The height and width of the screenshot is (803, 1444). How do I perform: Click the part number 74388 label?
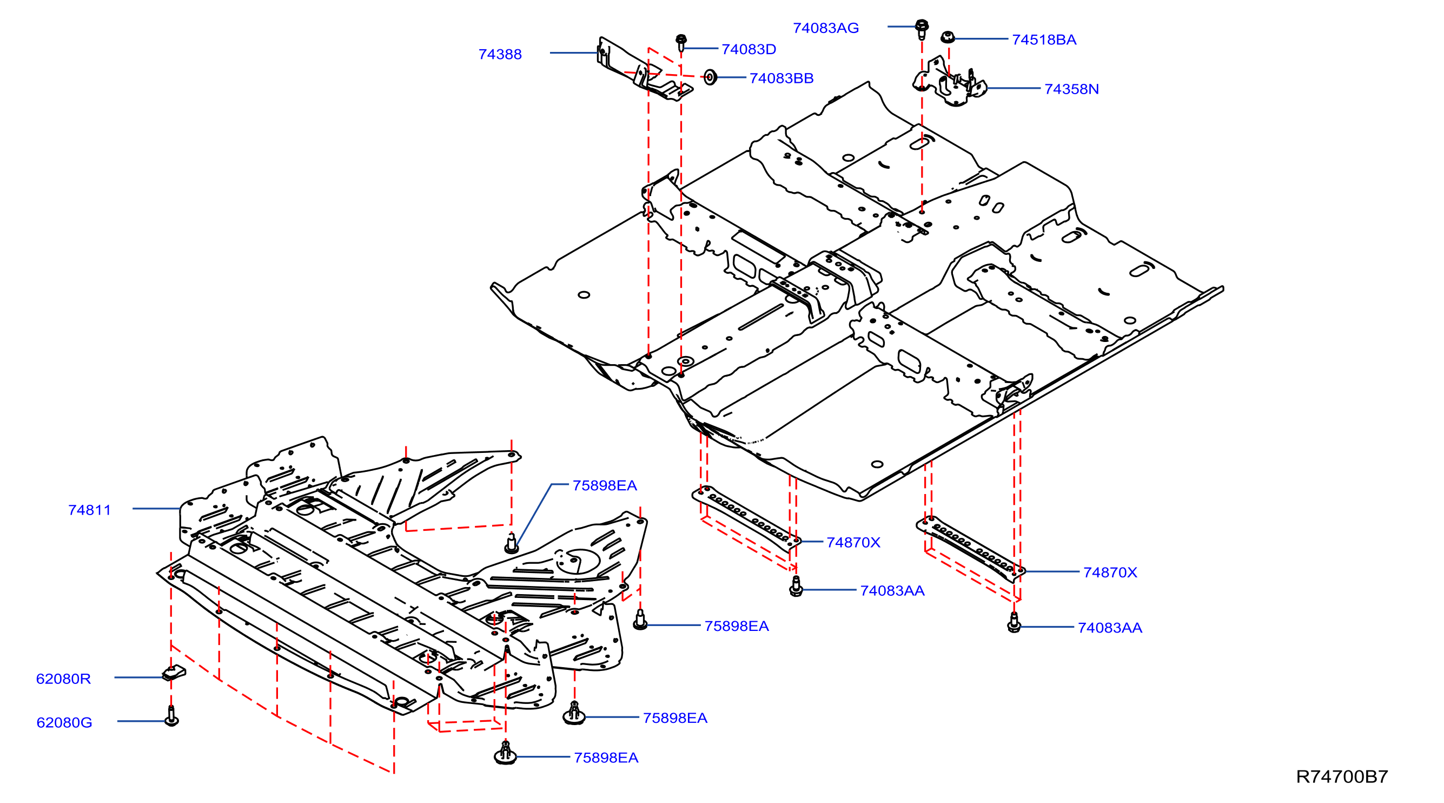[500, 55]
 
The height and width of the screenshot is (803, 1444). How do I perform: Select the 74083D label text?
[749, 49]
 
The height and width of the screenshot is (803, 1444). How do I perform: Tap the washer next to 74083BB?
[710, 77]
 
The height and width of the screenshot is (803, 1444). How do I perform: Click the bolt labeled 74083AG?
[922, 29]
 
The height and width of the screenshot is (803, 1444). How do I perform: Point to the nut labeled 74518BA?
[948, 37]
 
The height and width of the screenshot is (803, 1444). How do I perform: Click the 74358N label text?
[1072, 89]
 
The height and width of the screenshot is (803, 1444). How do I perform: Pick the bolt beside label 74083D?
[681, 43]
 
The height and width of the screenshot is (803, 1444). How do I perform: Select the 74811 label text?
[90, 510]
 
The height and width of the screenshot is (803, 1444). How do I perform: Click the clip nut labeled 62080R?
[174, 673]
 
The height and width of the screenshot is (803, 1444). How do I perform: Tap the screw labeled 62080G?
[171, 716]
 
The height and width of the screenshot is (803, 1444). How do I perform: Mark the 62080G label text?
[64, 722]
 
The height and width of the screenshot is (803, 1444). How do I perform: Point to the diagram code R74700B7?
[1342, 776]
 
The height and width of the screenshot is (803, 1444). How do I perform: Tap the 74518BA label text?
[1044, 40]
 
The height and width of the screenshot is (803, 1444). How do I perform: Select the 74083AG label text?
[826, 28]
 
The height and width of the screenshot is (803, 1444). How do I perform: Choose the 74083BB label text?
[781, 78]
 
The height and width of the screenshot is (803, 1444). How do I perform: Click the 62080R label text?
[63, 679]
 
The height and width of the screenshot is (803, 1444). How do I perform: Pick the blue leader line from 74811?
[156, 509]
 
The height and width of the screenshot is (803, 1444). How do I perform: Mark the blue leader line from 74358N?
[1014, 88]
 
